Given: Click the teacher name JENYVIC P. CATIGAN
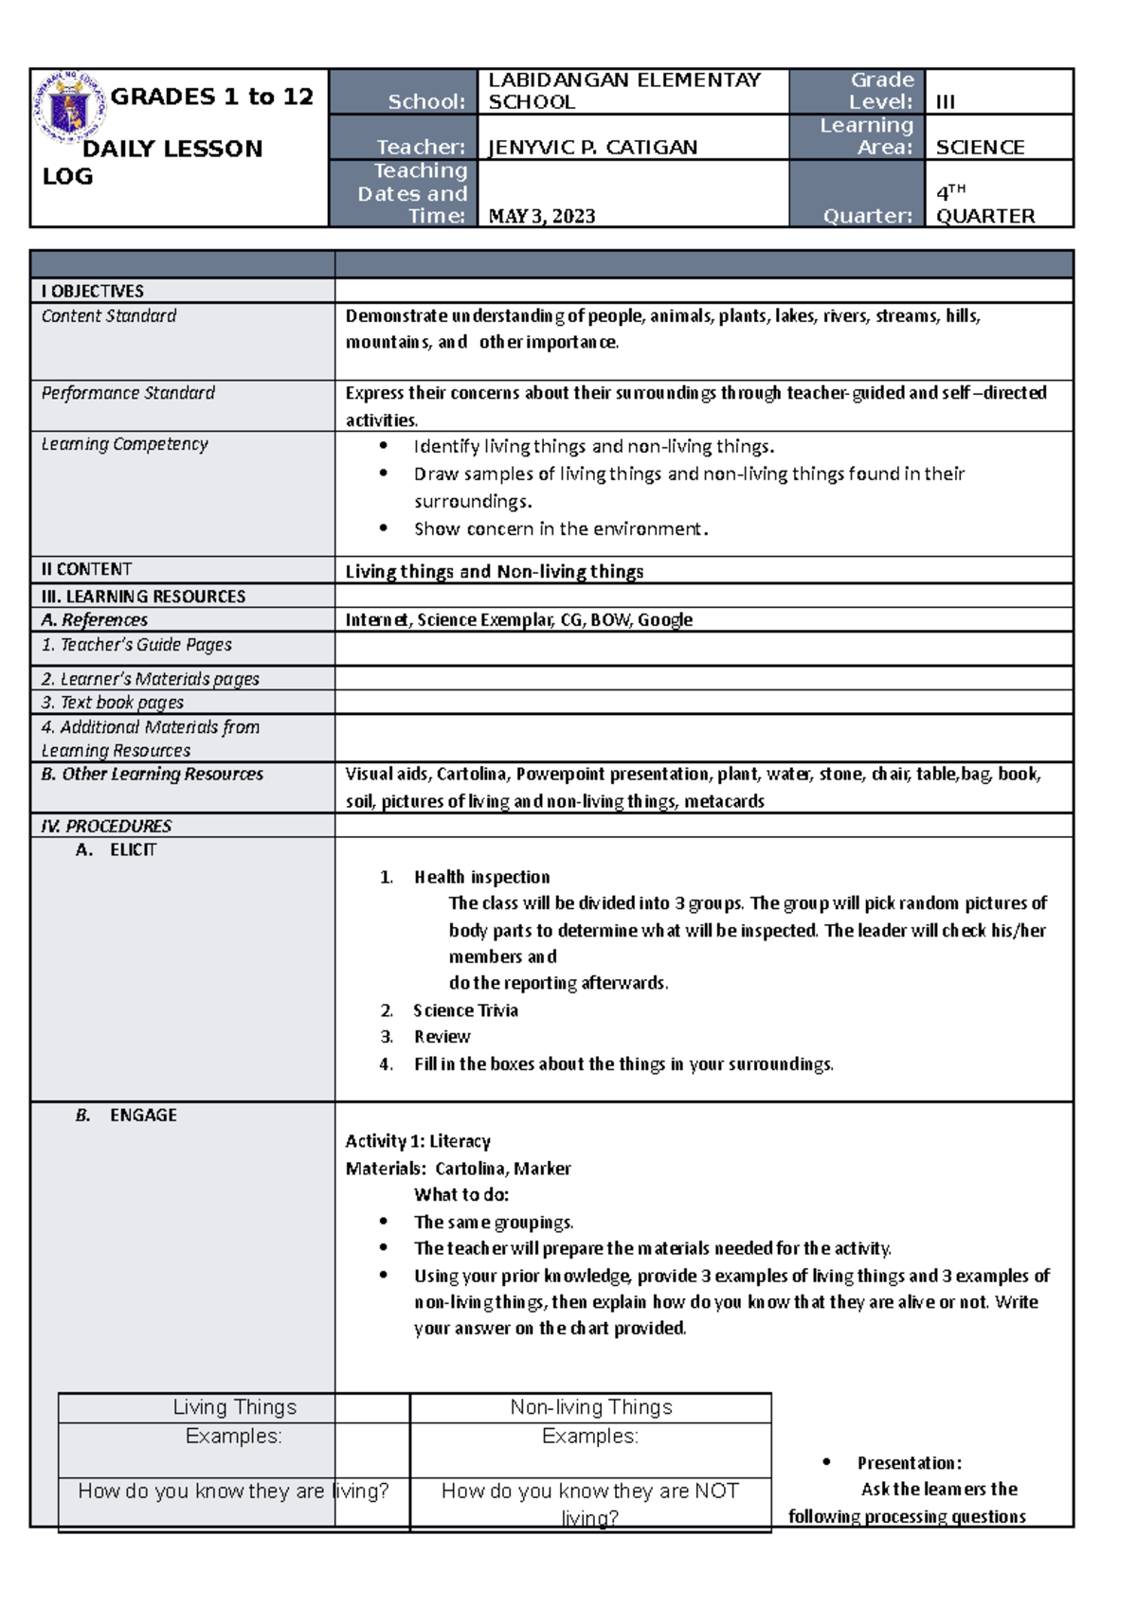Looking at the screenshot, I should pyautogui.click(x=592, y=147).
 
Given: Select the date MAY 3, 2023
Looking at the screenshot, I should pyautogui.click(x=542, y=216).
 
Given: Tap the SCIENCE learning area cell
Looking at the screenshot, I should pyautogui.click(x=980, y=147).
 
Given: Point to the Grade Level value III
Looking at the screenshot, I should pyautogui.click(x=946, y=102).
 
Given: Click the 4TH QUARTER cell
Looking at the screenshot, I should pyautogui.click(x=985, y=205).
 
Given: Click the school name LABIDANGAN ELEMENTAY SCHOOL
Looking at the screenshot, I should pyautogui.click(x=623, y=91).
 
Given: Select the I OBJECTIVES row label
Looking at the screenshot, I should pyautogui.click(x=93, y=291).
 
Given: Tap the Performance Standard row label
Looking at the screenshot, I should pyautogui.click(x=128, y=392).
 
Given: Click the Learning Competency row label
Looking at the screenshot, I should pyautogui.click(x=124, y=443).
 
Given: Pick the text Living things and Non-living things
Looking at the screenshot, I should pyautogui.click(x=494, y=571).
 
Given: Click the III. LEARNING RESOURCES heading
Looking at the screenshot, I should pyautogui.click(x=143, y=596).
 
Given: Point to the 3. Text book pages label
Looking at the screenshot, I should pyautogui.click(x=113, y=702).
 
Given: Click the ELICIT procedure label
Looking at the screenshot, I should pyautogui.click(x=133, y=849).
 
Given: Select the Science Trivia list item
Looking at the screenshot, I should pyautogui.click(x=465, y=1009).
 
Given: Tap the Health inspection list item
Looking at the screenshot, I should pyautogui.click(x=481, y=877).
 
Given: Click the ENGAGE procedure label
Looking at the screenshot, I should pyautogui.click(x=143, y=1115).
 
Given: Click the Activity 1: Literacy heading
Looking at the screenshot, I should pyautogui.click(x=418, y=1141).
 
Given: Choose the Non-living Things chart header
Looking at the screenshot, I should pyautogui.click(x=590, y=1407).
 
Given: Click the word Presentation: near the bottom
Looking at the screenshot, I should pyautogui.click(x=909, y=1462).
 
